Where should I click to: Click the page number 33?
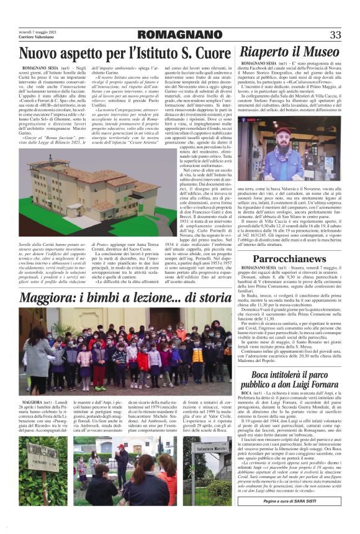tap(336, 34)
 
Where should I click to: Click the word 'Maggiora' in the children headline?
tap(53, 297)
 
